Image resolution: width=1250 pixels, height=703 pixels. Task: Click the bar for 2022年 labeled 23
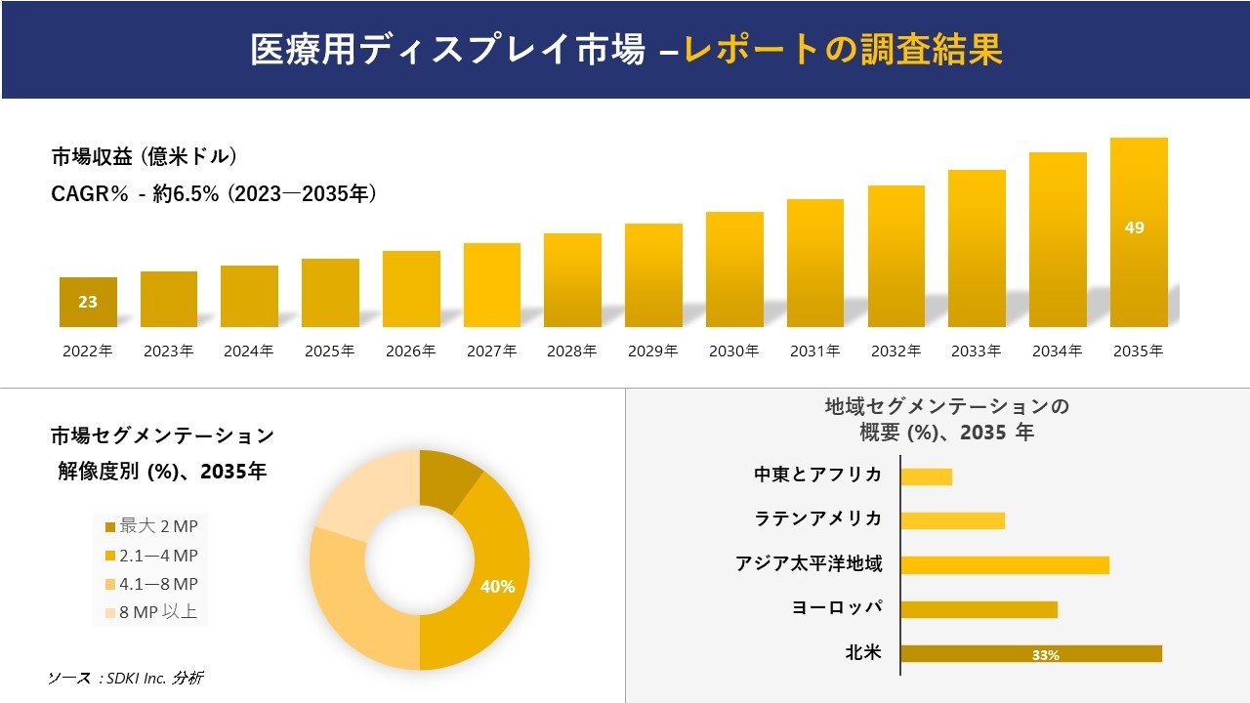(x=88, y=302)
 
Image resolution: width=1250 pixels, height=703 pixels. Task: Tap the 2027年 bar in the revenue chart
(x=492, y=285)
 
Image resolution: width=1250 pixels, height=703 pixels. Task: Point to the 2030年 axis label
(x=733, y=351)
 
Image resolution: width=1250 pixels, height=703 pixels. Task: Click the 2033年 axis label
(x=976, y=351)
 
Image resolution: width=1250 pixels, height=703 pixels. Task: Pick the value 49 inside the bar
(x=1134, y=227)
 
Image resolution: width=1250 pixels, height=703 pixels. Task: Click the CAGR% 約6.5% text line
(x=214, y=194)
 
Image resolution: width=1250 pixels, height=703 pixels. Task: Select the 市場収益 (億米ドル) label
(x=144, y=156)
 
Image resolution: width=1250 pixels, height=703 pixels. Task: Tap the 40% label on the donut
(x=497, y=586)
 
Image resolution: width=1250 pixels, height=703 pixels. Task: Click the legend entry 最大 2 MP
(x=151, y=527)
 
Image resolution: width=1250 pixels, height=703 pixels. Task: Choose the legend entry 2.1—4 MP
(x=151, y=556)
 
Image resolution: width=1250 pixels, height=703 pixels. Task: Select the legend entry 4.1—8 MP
(x=151, y=584)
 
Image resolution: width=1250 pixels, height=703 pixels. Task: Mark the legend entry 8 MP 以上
(x=151, y=612)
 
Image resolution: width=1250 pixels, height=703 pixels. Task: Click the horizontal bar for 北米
(x=1030, y=654)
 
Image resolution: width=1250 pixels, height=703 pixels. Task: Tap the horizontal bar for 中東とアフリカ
(x=926, y=476)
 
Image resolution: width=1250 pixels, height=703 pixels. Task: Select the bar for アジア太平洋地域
(x=1004, y=565)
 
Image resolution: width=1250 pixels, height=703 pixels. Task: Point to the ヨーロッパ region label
(x=837, y=608)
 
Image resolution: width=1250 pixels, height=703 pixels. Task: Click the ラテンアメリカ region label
(x=818, y=519)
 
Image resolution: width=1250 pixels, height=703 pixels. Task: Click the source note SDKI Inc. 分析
(x=126, y=678)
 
